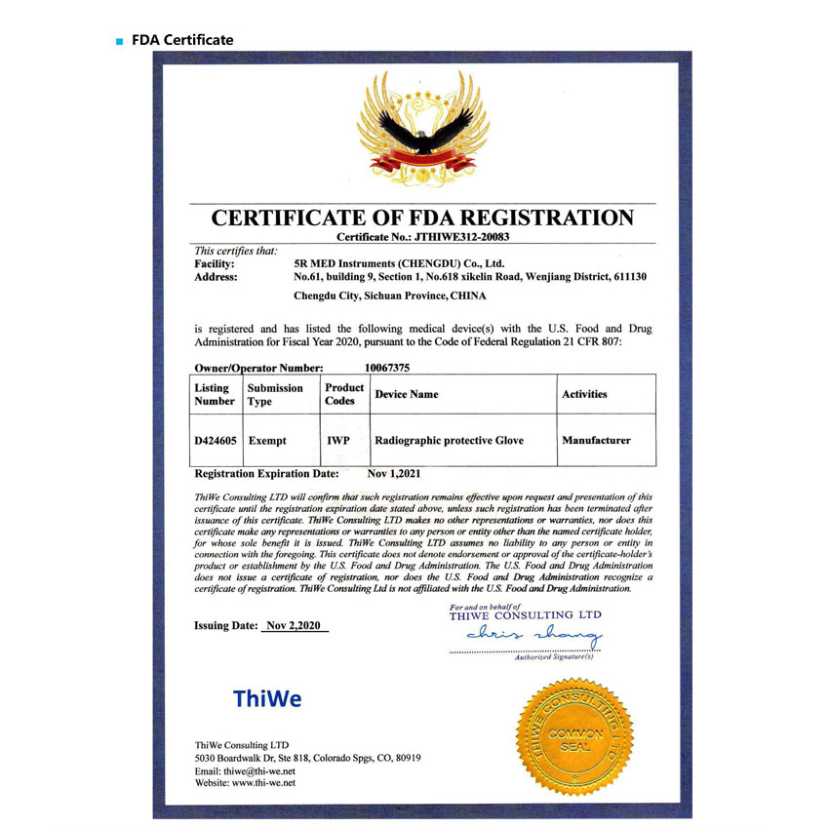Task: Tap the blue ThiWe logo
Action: coord(267,699)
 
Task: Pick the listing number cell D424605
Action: coord(216,441)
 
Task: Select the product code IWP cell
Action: coord(337,441)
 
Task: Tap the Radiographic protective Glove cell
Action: coord(449,441)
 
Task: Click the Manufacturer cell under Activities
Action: coord(596,441)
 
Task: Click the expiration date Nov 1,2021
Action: coord(394,474)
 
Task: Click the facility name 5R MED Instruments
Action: coord(399,263)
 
